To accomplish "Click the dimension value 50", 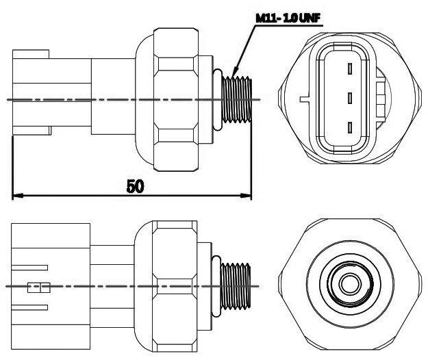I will [134, 186].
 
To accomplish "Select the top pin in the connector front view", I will [349, 68].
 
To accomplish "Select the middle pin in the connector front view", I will [349, 97].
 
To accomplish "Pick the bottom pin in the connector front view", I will [349, 127].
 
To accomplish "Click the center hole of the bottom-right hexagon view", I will [350, 283].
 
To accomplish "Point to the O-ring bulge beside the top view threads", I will [216, 99].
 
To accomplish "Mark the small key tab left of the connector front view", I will [303, 98].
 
